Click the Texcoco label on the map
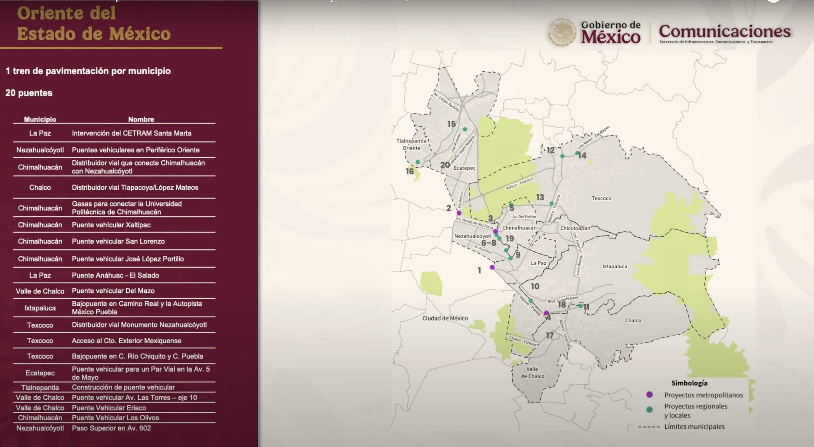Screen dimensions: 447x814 tap(601, 198)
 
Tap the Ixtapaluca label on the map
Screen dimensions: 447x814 tap(614, 266)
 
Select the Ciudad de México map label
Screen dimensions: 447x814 tap(445, 318)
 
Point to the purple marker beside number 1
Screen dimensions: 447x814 tap(492, 267)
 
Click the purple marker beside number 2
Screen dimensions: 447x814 tap(459, 213)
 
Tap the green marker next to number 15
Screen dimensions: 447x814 tap(465, 129)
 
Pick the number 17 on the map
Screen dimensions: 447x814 tap(549, 335)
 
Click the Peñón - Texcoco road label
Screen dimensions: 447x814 tap(520, 184)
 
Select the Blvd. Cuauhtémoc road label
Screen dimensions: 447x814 tap(563, 299)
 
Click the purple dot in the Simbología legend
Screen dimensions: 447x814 tap(650, 395)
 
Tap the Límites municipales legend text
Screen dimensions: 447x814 tap(694, 427)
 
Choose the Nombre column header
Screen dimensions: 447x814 tap(141, 119)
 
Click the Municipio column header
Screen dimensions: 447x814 tap(40, 119)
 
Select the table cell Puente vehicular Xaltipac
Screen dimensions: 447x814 tap(111, 225)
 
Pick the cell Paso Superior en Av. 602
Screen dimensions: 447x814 tap(111, 428)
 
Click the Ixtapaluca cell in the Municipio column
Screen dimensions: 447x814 tap(40, 308)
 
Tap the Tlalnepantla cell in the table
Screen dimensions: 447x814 tap(40, 388)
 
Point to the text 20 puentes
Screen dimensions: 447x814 tap(29, 93)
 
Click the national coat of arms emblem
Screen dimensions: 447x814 tap(561, 32)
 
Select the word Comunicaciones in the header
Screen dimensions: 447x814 tap(724, 31)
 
